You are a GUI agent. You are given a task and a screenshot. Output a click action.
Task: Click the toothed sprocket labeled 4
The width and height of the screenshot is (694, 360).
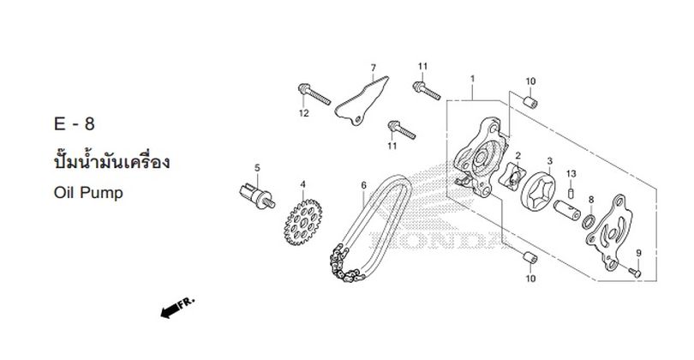(x=302, y=222)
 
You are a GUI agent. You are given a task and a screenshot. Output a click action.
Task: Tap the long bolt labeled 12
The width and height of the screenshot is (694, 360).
(x=314, y=94)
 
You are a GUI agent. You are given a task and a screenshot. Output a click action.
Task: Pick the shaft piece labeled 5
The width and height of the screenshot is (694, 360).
(x=257, y=196)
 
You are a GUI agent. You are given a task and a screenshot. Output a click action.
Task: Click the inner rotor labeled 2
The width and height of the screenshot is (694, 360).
(x=512, y=177)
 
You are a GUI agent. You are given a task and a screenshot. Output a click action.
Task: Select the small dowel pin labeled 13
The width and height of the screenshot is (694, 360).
(x=571, y=194)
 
